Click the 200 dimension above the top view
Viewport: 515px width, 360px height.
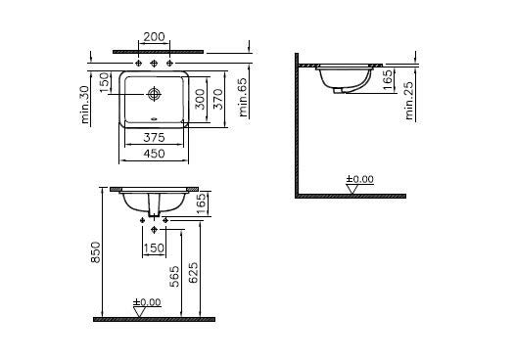pos(154,37)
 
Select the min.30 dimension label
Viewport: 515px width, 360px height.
pos(85,105)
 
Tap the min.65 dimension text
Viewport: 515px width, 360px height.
pos(244,97)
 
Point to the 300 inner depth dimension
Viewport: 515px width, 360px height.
pos(200,99)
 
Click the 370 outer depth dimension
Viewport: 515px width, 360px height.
pos(217,99)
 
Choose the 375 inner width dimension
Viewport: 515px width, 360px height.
pos(154,138)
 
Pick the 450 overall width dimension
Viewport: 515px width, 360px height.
pos(154,154)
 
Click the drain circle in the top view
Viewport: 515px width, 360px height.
pos(154,94)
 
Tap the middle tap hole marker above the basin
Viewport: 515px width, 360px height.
pos(154,63)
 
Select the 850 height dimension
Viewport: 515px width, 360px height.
pos(95,252)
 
